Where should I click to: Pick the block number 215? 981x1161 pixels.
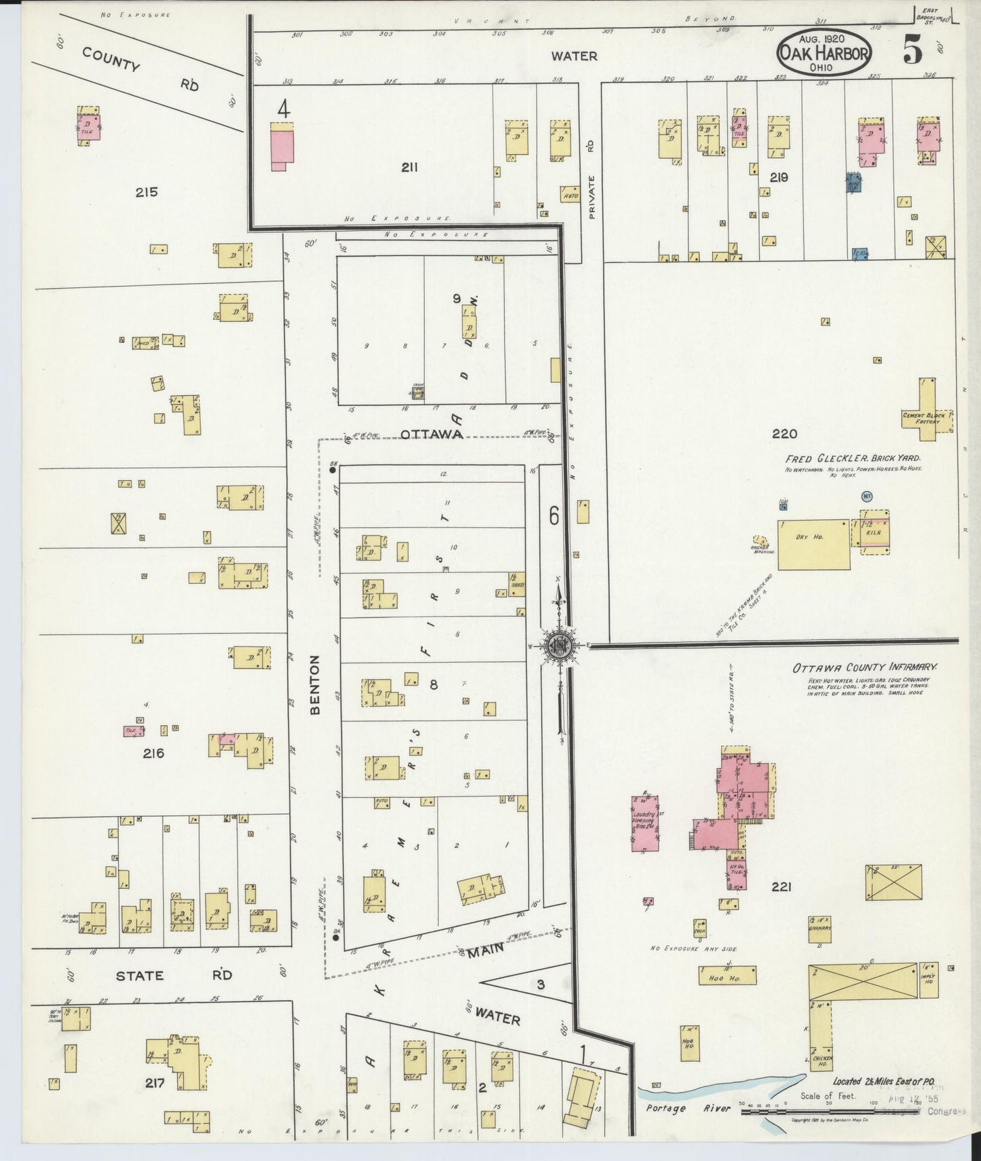click(x=146, y=192)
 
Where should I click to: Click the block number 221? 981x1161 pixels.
click(x=781, y=886)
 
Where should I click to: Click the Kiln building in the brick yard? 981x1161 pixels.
click(x=874, y=532)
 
